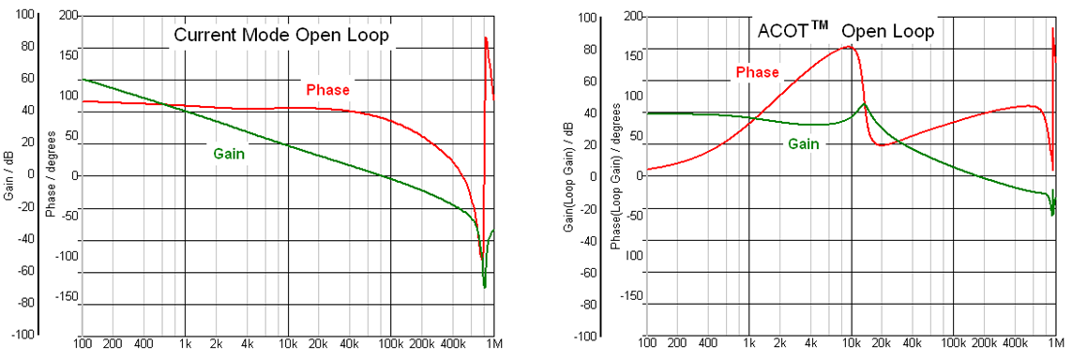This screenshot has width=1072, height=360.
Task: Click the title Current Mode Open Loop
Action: pos(280,36)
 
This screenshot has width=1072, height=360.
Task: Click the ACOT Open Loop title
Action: pos(845,31)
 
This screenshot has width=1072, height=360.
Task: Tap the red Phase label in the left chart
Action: pos(327,90)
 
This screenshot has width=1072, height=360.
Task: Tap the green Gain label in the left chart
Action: pos(229,153)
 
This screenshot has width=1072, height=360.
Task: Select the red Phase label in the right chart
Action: pos(757,72)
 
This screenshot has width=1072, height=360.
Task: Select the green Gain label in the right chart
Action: pos(802,143)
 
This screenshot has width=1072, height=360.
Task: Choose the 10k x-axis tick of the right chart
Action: pos(851,345)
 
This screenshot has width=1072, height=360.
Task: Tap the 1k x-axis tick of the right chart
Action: pos(749,345)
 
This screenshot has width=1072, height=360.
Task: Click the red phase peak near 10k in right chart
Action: pos(849,46)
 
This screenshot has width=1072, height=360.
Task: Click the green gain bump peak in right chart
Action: pos(865,103)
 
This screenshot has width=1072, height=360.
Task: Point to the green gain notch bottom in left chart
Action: pos(484,287)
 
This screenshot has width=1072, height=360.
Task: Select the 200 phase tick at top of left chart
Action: pos(67,17)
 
